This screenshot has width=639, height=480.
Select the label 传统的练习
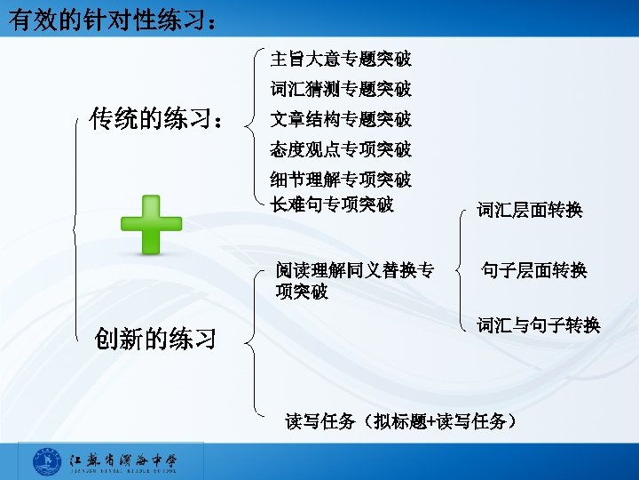pos(156,119)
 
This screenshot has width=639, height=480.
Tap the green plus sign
pos(151,224)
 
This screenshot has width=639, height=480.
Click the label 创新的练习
pos(155,339)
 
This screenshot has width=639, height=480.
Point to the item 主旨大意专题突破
pos(340,60)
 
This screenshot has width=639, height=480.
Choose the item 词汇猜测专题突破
pos(340,89)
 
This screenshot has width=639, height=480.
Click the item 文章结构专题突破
pos(340,119)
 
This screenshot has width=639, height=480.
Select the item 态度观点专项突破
pos(340,148)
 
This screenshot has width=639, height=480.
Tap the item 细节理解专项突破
pos(340,180)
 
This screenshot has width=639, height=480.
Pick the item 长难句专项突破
pos(331,204)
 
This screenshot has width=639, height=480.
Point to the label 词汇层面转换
pos(529,210)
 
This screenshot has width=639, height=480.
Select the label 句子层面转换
pos(533,270)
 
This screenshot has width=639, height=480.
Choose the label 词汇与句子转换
pos(538,325)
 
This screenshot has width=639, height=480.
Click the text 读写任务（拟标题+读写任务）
pos(400,421)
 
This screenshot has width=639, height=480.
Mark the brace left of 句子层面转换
pos(459,269)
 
